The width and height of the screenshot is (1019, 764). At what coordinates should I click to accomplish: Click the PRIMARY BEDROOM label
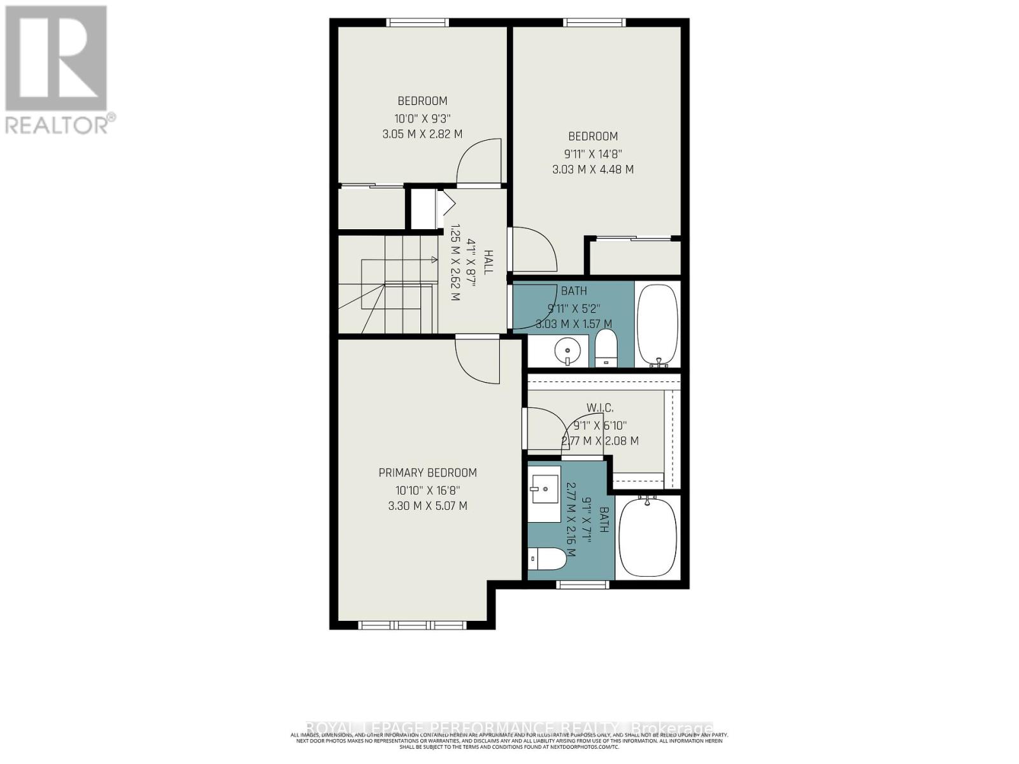tap(427, 472)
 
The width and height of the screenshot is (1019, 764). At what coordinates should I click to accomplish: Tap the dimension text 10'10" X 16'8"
tap(427, 490)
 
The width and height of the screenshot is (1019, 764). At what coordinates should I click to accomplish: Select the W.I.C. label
tap(600, 407)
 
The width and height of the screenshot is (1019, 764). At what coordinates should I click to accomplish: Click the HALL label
tap(488, 262)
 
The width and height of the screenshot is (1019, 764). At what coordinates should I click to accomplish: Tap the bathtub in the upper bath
tap(657, 325)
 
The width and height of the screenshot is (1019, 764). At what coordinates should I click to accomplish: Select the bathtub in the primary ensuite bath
tap(648, 537)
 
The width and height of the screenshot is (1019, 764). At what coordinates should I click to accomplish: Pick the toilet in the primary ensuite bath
tap(547, 559)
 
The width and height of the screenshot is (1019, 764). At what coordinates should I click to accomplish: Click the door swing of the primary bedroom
tap(478, 361)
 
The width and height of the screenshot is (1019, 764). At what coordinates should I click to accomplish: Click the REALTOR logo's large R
tap(56, 59)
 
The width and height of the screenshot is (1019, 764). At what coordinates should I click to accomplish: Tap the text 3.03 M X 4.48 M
tap(592, 169)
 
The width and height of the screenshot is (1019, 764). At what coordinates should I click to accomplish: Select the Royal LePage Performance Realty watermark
tap(509, 728)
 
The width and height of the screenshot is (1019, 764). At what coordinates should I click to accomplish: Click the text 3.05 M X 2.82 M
tap(422, 134)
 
